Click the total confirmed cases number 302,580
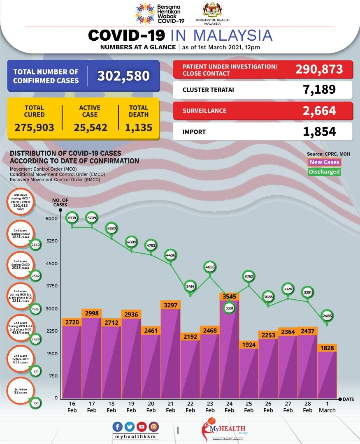coord(123,76)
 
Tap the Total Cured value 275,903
coord(34,127)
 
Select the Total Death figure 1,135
coord(139,127)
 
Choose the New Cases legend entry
coord(324,162)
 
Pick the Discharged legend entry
coord(324,172)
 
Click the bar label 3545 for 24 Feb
coord(230,296)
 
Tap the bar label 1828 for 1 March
coord(327,348)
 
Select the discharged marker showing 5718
coord(72,218)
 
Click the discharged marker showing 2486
coord(327,316)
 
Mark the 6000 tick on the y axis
coord(51,218)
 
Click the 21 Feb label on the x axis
coord(170,407)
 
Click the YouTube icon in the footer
coord(142,426)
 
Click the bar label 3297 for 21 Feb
coord(170,305)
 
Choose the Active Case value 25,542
coord(91,127)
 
